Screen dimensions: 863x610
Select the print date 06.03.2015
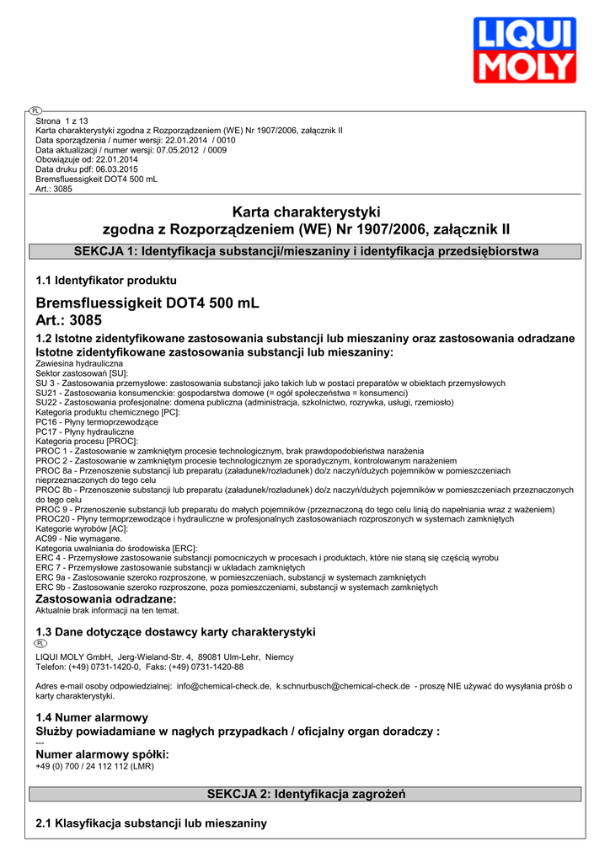point(110,169)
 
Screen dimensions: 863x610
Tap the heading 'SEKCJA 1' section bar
point(305,251)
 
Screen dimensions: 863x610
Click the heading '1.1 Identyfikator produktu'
point(106,281)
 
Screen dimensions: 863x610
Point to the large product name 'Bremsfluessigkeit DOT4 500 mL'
point(147,303)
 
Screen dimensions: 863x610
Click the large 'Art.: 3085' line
point(68,320)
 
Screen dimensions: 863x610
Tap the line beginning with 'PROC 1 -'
point(229,451)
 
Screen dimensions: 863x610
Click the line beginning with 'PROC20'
point(275,519)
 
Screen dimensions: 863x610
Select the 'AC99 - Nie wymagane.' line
point(78,539)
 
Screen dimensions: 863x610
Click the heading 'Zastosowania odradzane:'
point(105,598)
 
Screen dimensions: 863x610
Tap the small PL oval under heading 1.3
point(41,643)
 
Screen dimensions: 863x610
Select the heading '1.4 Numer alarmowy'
point(92,717)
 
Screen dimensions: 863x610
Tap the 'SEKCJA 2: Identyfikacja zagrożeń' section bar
point(305,794)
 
